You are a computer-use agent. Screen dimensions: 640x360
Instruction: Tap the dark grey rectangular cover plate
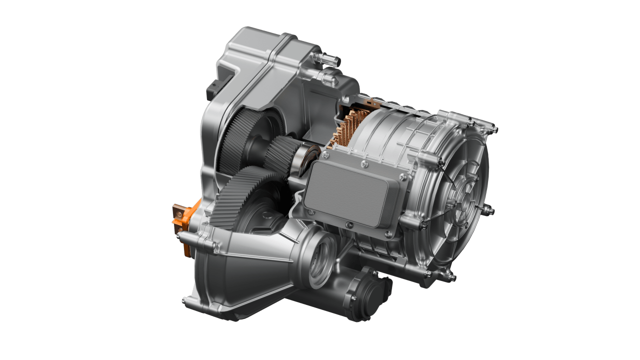click(350, 193)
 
